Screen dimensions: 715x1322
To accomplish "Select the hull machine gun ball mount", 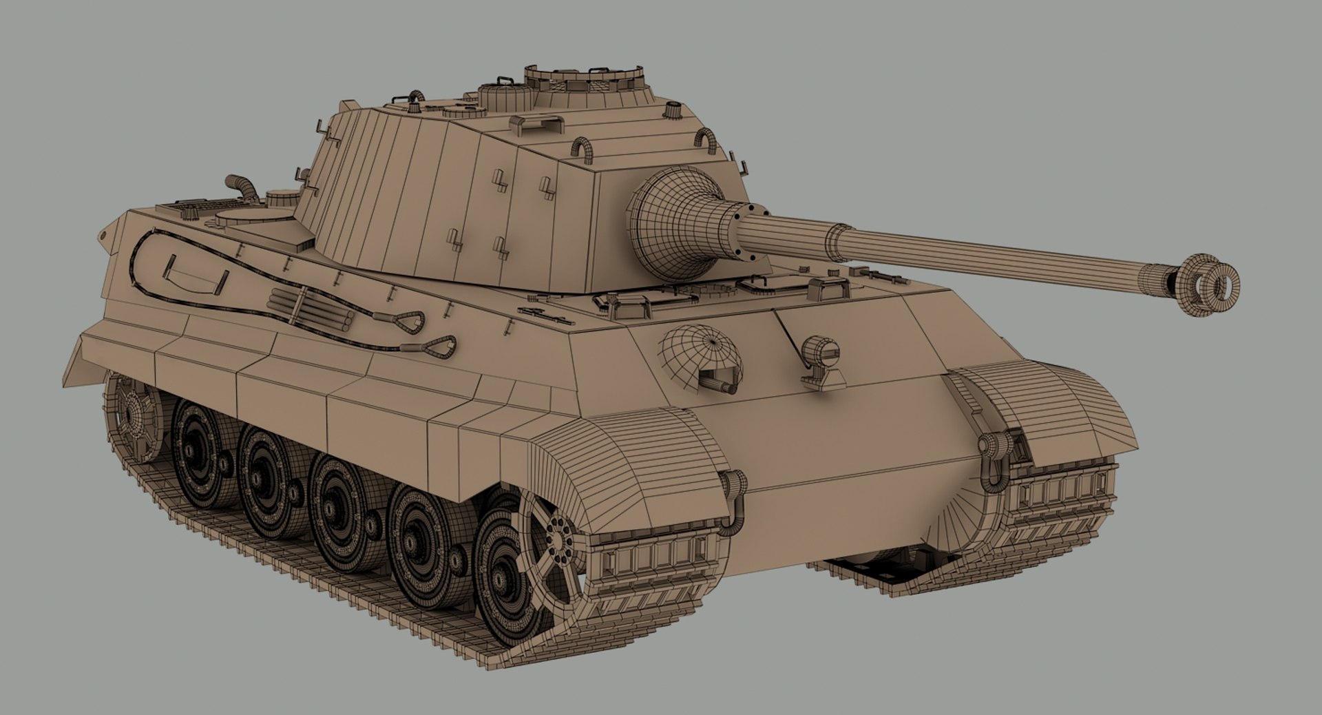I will point(702,358).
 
